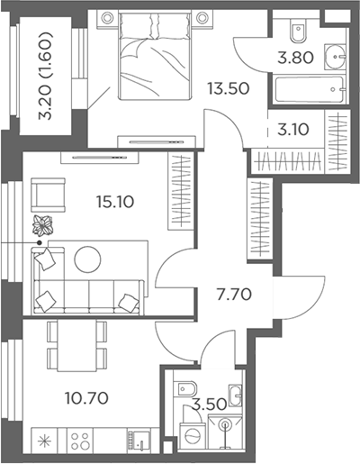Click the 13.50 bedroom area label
[229, 88]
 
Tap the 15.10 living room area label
[115, 202]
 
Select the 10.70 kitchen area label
[86, 398]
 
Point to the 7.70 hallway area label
[234, 295]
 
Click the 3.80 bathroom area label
[295, 58]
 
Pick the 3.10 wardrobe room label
[293, 130]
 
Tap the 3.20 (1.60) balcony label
[46, 76]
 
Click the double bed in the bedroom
[155, 55]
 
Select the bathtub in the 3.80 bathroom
[310, 89]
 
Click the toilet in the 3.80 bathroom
[298, 31]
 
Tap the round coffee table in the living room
[87, 259]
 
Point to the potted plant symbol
[42, 225]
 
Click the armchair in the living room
[48, 195]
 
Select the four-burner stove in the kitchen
[79, 441]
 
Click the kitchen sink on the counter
[139, 441]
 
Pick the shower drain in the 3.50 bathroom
[225, 424]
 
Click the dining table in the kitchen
[76, 345]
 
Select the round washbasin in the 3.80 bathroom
[335, 56]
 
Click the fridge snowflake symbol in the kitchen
[44, 441]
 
